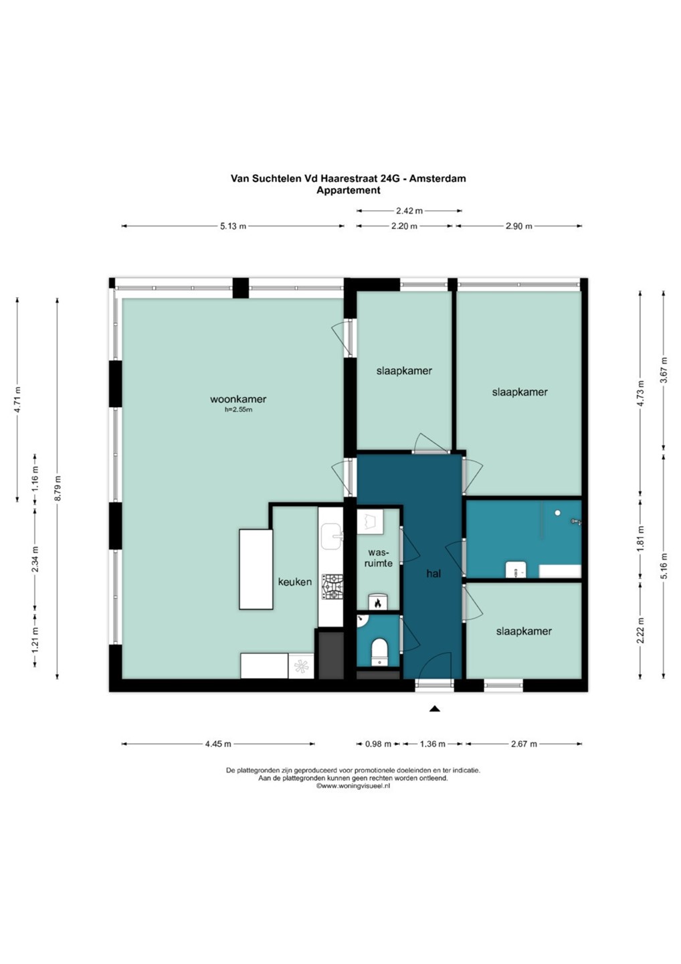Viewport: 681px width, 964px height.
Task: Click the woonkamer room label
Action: tap(237, 399)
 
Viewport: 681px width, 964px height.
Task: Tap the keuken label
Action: tap(294, 582)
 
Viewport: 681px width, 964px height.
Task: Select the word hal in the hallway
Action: tap(433, 573)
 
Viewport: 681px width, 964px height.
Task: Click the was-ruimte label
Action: tap(379, 557)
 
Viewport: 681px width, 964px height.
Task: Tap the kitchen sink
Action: tap(331, 536)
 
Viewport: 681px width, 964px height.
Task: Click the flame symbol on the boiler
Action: tap(378, 603)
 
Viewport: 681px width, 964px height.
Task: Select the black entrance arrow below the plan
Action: tap(435, 709)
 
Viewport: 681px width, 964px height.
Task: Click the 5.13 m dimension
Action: tap(233, 226)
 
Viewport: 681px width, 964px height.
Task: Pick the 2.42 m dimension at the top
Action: tap(409, 211)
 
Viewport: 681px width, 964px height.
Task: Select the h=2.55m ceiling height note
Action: tap(238, 410)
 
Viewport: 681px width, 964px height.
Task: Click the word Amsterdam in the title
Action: tap(437, 178)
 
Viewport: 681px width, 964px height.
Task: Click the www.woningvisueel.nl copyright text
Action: tap(353, 785)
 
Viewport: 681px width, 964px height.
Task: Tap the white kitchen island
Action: tap(256, 569)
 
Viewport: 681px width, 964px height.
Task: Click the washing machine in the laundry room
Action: tap(370, 521)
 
